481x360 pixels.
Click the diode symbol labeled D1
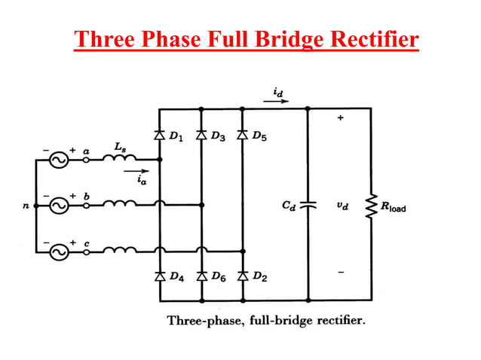(159, 136)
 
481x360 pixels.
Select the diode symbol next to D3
(201, 136)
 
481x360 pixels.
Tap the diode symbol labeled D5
(242, 136)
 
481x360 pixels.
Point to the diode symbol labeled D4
(159, 276)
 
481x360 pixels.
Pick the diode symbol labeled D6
(201, 276)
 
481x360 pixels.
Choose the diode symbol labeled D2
(242, 276)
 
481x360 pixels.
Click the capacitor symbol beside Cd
(308, 204)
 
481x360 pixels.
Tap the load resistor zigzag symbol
(370, 204)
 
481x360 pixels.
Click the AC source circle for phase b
(58, 204)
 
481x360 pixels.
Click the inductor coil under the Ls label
(121, 157)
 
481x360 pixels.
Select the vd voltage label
(343, 204)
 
